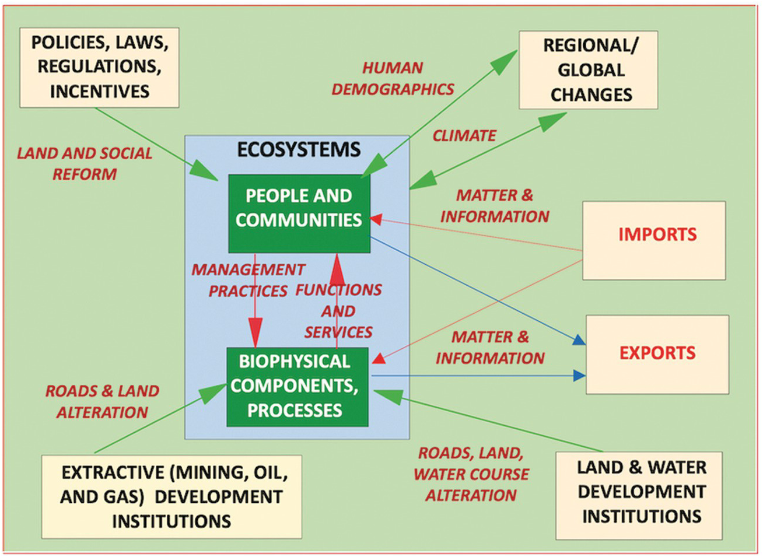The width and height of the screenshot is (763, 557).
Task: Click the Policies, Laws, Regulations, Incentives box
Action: click(x=99, y=67)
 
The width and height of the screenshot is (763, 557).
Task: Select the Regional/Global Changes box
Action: click(x=589, y=70)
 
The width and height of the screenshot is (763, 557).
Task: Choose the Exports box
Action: click(x=657, y=354)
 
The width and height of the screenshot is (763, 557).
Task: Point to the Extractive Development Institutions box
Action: click(x=171, y=496)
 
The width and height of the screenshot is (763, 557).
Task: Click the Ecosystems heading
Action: click(x=298, y=150)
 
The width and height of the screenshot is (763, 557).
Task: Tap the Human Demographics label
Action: click(x=393, y=78)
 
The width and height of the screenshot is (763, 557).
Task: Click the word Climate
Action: click(x=464, y=136)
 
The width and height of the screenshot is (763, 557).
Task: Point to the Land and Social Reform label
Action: click(x=85, y=163)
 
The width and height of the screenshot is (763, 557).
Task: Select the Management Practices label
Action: click(x=247, y=280)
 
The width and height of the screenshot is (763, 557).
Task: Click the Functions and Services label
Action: click(x=338, y=310)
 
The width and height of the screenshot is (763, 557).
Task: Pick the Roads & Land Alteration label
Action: click(x=102, y=401)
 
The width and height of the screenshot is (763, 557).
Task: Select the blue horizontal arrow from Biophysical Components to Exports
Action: click(x=478, y=376)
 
